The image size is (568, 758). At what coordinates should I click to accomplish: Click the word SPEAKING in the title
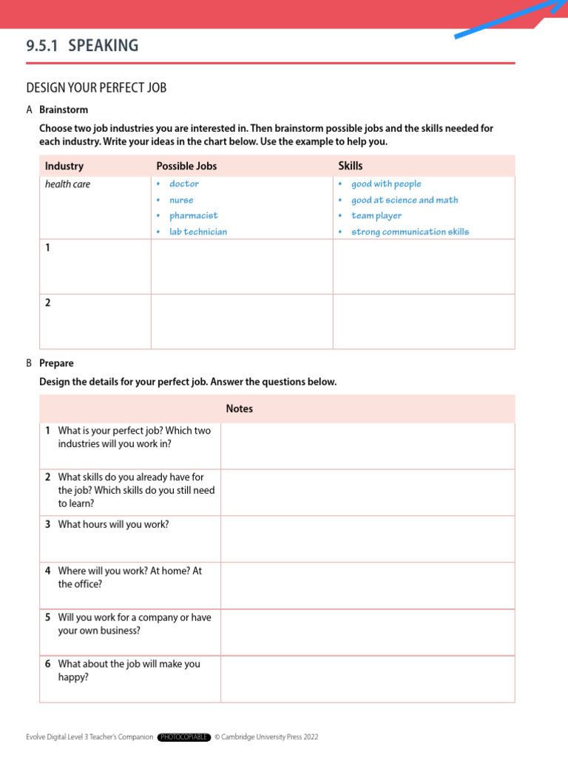pyautogui.click(x=104, y=46)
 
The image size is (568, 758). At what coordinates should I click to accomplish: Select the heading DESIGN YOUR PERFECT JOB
pyautogui.click(x=96, y=88)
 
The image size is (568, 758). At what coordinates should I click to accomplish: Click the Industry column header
pyautogui.click(x=64, y=166)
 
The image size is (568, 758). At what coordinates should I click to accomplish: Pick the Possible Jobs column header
pyautogui.click(x=186, y=166)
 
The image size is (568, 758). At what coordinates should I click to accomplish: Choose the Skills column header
pyautogui.click(x=351, y=166)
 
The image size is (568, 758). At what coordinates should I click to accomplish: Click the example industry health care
pyautogui.click(x=67, y=184)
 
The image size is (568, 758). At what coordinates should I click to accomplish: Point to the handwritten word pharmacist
pyautogui.click(x=193, y=215)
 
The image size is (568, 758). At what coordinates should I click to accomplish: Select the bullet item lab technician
pyautogui.click(x=197, y=232)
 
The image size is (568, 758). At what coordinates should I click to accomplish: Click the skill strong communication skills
pyautogui.click(x=410, y=232)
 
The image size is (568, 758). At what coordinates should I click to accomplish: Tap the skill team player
pyautogui.click(x=376, y=215)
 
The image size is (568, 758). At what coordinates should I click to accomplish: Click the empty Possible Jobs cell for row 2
pyautogui.click(x=242, y=321)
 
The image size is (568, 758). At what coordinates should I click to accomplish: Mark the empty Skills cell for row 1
pyautogui.click(x=423, y=266)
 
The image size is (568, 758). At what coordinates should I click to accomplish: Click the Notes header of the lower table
pyautogui.click(x=240, y=409)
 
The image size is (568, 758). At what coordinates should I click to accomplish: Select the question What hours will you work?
pyautogui.click(x=113, y=524)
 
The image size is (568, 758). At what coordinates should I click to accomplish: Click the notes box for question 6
pyautogui.click(x=367, y=678)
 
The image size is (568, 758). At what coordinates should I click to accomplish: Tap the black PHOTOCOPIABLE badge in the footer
pyautogui.click(x=184, y=737)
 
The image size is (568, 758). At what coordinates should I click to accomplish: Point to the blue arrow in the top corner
pyautogui.click(x=510, y=19)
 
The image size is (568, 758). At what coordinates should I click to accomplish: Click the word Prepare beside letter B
pyautogui.click(x=56, y=363)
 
